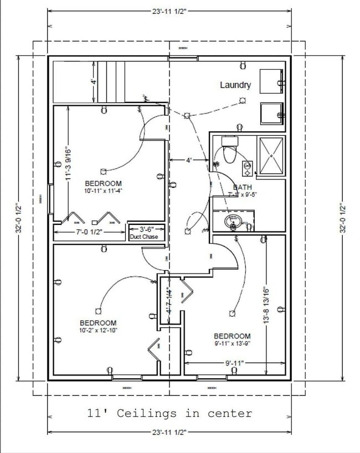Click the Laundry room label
point(235,85)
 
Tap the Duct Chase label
point(144,237)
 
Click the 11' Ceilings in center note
point(169,413)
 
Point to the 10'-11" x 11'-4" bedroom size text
point(103,191)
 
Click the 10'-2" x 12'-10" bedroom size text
point(97,331)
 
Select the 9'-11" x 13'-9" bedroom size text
point(232,344)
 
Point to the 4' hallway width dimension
point(189,160)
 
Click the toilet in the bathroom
point(229,150)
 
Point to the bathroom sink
point(233,222)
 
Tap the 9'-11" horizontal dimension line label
point(234,363)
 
